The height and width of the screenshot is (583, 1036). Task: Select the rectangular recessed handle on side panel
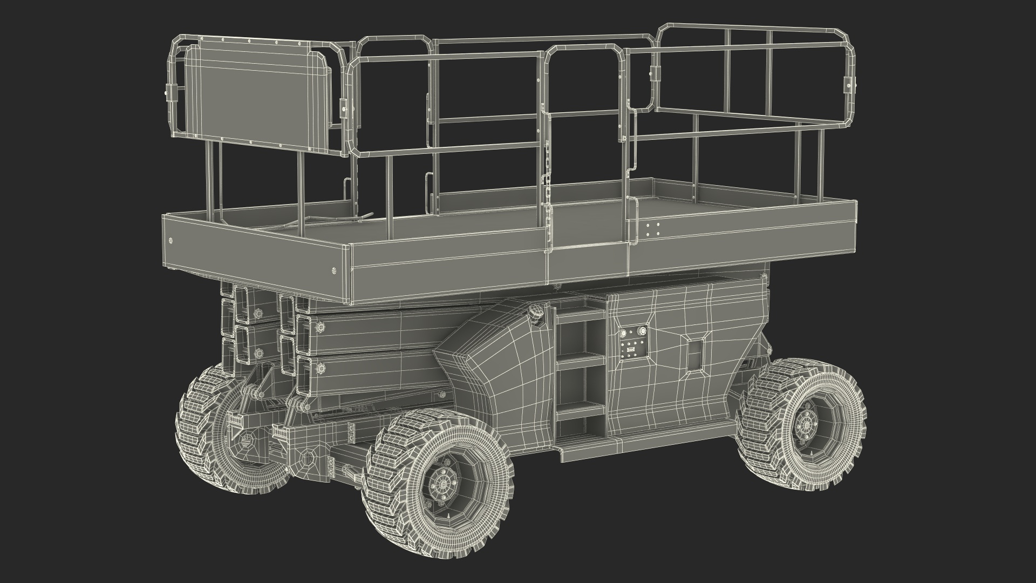point(694,354)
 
